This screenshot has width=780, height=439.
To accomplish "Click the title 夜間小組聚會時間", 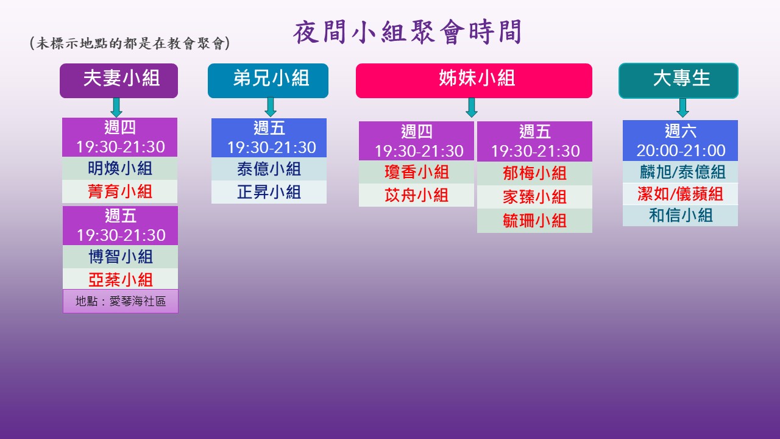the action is (x=407, y=32).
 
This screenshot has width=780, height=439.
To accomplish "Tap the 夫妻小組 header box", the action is (x=119, y=80).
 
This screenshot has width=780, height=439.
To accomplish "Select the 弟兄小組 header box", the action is (x=268, y=80).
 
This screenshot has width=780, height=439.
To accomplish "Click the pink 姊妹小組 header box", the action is (x=474, y=80).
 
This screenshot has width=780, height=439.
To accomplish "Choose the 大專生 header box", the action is (x=678, y=80).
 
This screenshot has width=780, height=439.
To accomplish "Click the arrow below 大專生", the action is (x=682, y=108).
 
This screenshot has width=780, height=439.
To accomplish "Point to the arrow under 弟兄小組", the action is (x=271, y=107).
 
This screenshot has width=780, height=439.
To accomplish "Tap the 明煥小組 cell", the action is (x=120, y=168).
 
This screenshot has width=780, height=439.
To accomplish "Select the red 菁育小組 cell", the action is (x=120, y=191).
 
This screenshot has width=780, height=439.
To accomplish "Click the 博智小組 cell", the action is (x=120, y=257).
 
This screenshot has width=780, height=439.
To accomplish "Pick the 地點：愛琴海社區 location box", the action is (x=121, y=301).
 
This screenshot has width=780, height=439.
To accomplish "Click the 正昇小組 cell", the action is (x=269, y=192).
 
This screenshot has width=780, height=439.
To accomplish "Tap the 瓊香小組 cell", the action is (x=416, y=172).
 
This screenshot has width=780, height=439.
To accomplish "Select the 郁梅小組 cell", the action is (x=534, y=173).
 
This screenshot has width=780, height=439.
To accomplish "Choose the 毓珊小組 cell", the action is (x=534, y=221).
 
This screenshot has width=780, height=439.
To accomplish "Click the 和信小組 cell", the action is (x=680, y=215).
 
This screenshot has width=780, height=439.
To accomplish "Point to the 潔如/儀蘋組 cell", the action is (x=680, y=194).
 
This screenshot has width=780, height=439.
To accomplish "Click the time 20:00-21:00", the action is (x=681, y=151).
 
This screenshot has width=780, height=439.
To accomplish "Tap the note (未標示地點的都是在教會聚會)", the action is (x=130, y=43).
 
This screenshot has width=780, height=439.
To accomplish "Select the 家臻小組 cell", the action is (x=534, y=197).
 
